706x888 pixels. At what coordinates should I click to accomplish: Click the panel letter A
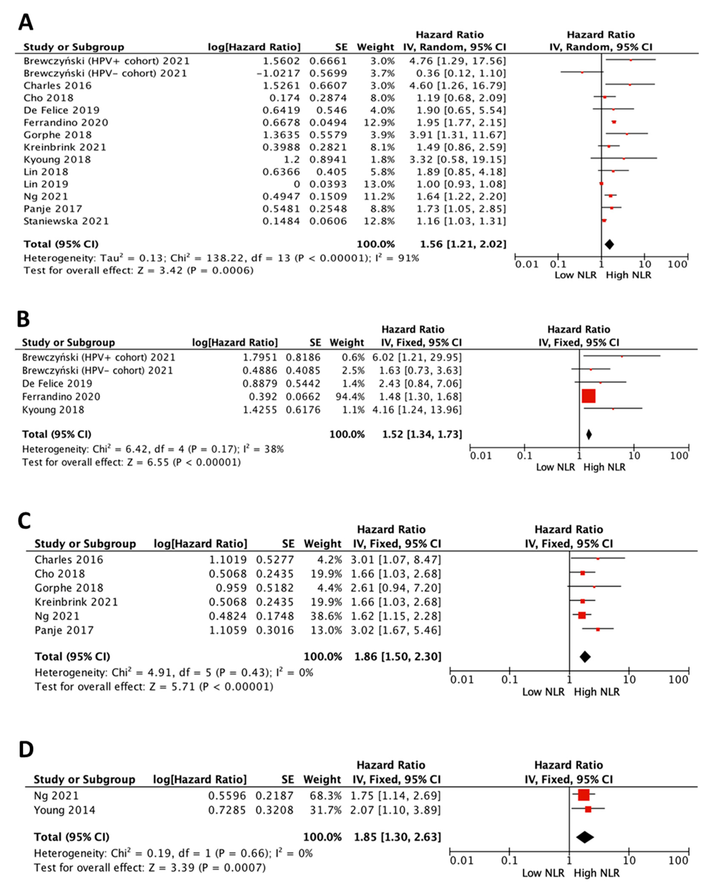(26, 23)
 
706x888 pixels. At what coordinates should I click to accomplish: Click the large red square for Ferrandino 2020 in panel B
(589, 396)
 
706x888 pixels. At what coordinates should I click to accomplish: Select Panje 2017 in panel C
(64, 630)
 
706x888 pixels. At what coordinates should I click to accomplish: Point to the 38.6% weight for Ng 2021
(326, 616)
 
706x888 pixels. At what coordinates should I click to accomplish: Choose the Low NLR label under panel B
(555, 467)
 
